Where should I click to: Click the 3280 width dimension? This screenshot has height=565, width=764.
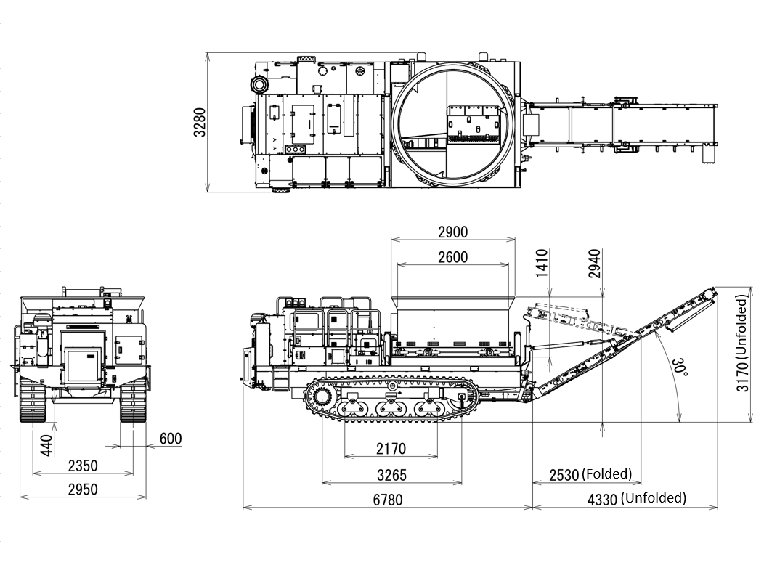click(200, 122)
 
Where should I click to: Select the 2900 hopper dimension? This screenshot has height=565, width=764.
click(452, 232)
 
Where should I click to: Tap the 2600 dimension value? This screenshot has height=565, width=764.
click(452, 256)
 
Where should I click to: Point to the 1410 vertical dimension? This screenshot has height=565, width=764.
click(542, 263)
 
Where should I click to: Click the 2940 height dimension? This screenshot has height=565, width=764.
click(595, 264)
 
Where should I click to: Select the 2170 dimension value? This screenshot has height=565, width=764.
click(391, 448)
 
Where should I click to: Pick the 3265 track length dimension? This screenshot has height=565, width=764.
click(391, 474)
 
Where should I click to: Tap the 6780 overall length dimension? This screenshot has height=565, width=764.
click(387, 500)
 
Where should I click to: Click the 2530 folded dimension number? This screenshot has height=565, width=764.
click(564, 475)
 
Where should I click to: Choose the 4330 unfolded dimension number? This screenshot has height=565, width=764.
click(603, 500)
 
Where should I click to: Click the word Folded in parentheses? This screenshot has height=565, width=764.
click(607, 473)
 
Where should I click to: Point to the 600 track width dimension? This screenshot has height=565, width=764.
click(171, 439)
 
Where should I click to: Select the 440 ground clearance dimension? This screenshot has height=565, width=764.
click(46, 446)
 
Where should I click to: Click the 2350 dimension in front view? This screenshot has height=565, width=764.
click(83, 466)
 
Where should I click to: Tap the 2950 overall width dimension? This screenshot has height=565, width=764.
click(83, 489)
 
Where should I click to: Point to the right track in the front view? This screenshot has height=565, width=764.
click(133, 400)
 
